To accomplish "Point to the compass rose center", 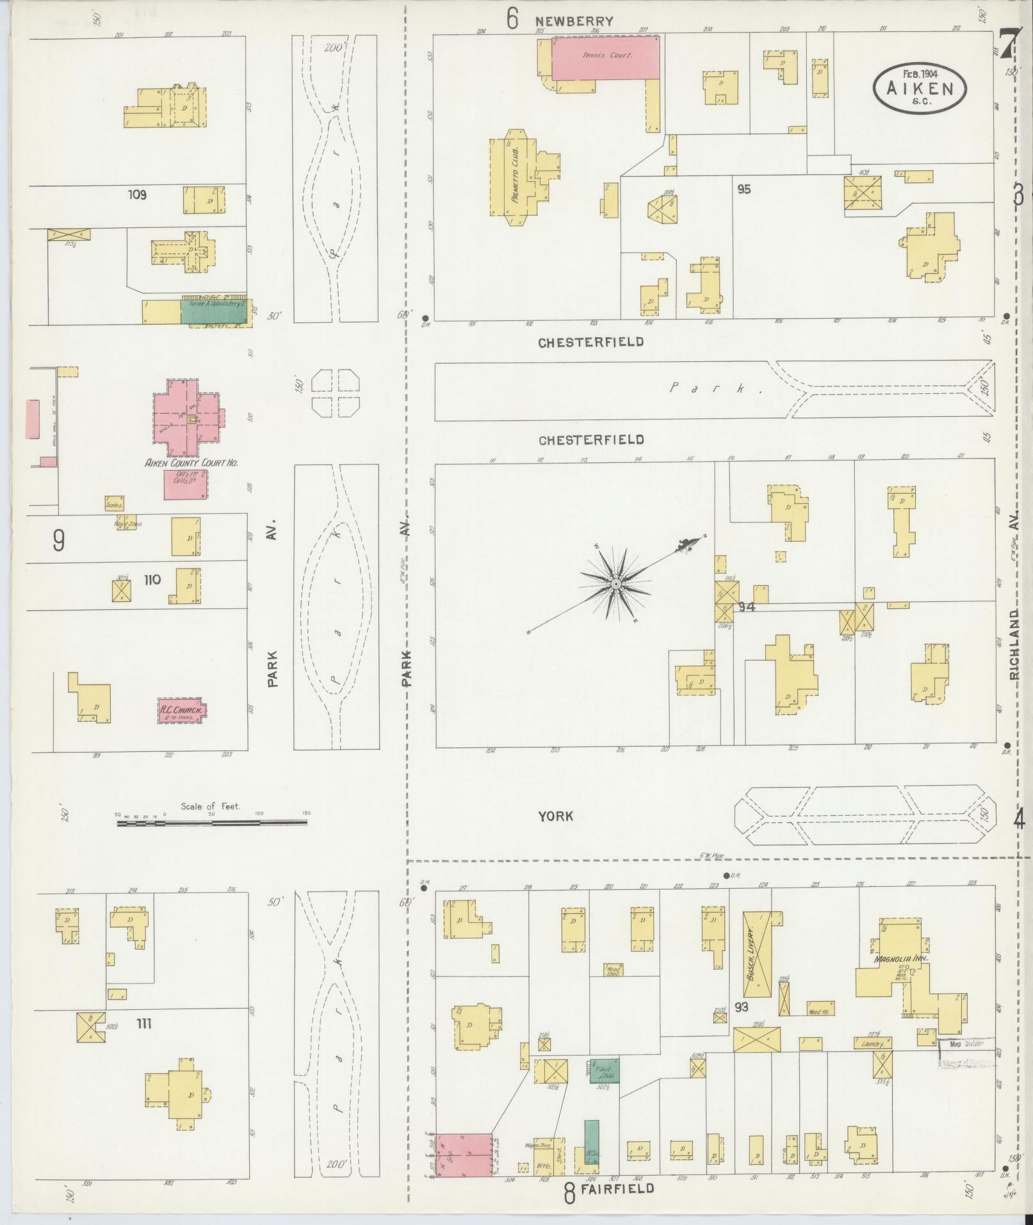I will [615, 583].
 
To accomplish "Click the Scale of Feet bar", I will [212, 822].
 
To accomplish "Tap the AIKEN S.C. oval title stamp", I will [919, 88].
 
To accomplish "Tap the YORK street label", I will [555, 816].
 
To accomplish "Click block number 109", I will [136, 194].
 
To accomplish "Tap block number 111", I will [143, 1024].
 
